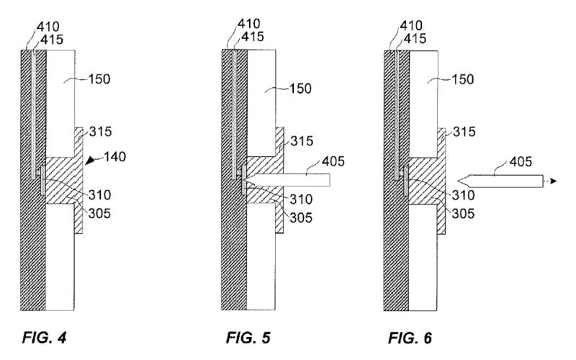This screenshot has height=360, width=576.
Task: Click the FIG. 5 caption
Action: tap(249, 336)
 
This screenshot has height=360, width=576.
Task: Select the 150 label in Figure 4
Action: tap(99, 78)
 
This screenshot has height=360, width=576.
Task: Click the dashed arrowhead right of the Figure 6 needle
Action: tap(552, 181)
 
